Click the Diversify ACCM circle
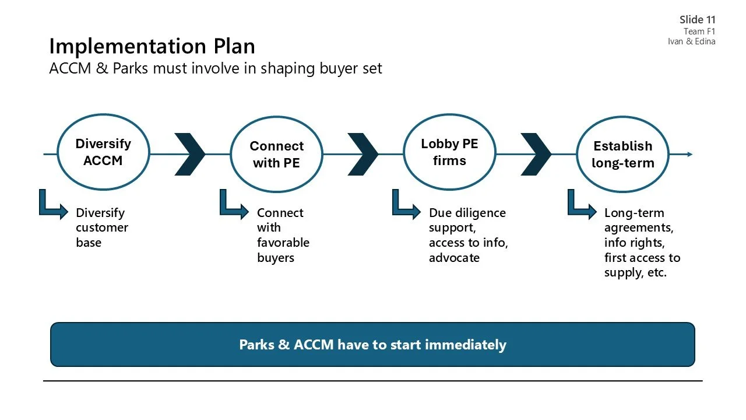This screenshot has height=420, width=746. (103, 152)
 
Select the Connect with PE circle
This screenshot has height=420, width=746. (276, 155)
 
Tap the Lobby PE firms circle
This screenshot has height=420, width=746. (449, 152)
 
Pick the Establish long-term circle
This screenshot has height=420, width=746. (622, 155)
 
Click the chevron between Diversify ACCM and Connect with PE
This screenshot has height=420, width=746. (190, 155)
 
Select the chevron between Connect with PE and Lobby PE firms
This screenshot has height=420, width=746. (363, 155)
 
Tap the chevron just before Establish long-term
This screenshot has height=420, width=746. (536, 155)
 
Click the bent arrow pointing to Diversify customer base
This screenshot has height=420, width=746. (52, 205)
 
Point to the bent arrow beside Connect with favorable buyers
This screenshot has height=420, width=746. (233, 205)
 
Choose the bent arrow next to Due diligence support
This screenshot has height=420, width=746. (406, 205)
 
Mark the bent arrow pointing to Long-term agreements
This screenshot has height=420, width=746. (582, 205)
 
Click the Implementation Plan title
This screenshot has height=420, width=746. (152, 46)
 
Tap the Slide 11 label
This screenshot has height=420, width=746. (697, 20)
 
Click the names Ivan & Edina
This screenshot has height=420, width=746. (691, 41)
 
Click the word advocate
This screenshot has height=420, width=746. (454, 258)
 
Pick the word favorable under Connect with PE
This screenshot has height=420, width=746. (283, 243)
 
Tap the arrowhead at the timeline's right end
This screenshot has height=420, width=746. (690, 155)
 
